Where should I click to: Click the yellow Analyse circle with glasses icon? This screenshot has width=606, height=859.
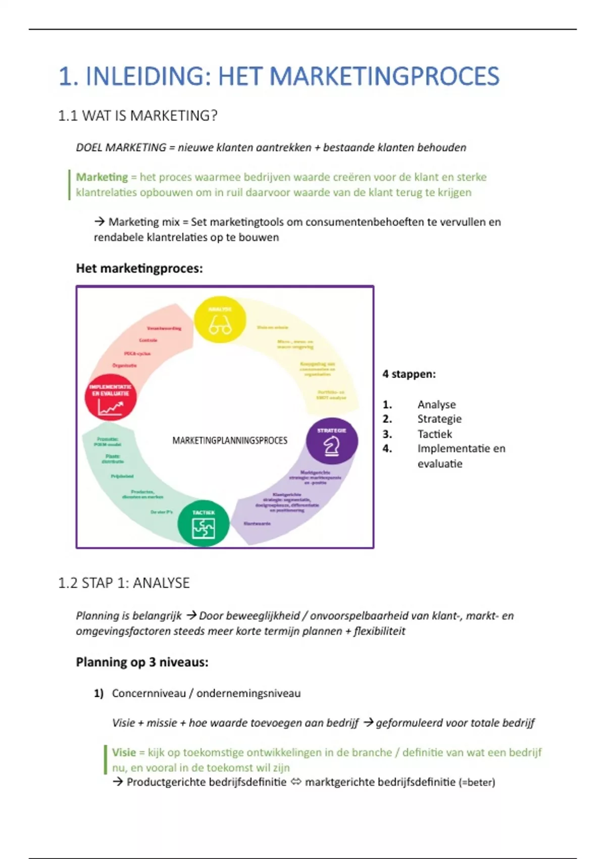[x=220, y=320]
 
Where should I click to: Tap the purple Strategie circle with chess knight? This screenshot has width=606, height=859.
[x=332, y=441]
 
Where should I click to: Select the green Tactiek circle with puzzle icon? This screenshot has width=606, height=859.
[x=204, y=523]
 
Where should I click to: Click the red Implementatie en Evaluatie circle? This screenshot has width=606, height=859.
[x=111, y=398]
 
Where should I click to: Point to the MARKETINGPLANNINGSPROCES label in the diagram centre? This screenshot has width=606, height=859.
[x=230, y=441]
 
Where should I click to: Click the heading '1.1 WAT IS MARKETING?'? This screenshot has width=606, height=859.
[x=137, y=116]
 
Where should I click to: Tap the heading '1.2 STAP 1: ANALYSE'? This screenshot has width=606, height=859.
[x=124, y=583]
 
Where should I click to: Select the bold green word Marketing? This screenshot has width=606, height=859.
[x=102, y=177]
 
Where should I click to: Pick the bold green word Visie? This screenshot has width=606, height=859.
[x=124, y=752]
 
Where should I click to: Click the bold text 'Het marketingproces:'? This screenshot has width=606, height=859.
[x=139, y=268]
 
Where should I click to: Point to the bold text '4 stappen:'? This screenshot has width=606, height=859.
[x=409, y=374]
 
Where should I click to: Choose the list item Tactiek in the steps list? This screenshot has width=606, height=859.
[x=435, y=434]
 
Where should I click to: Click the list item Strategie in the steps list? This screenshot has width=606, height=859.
[x=439, y=419]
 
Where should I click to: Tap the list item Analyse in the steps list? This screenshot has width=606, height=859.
[x=436, y=404]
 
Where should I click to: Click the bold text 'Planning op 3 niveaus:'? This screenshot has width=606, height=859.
[x=142, y=662]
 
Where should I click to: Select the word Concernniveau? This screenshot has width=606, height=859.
[x=149, y=693]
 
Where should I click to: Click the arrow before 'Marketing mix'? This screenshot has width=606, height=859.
[x=99, y=221]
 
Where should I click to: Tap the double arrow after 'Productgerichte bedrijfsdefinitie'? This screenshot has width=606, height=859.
[x=296, y=782]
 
